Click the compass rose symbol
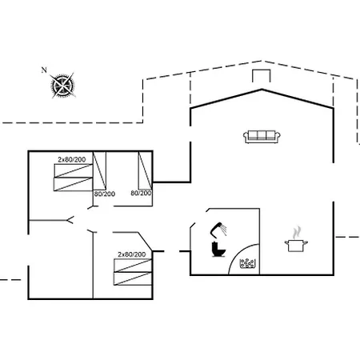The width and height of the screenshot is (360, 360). point(63,86)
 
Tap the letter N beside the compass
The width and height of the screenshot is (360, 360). point(44,70)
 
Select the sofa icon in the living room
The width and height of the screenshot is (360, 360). point(262,137)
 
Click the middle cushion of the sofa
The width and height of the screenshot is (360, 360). point(262,135)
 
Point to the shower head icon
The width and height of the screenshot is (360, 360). point(218,229)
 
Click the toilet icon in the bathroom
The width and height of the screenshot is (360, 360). point(218,249)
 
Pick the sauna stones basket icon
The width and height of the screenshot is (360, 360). point(246,263)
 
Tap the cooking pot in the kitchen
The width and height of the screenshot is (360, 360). point(296,246)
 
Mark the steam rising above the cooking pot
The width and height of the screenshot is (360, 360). point(297,233)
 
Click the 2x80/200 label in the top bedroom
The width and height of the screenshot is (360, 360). point(72,159)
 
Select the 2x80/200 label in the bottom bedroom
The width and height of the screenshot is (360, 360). point(132,254)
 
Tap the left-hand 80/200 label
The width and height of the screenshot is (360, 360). point(105,194)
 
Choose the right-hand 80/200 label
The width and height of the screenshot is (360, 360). point(141,193)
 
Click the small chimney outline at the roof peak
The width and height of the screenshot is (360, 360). point(262,76)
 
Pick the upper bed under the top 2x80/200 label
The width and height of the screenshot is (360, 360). point(74,170)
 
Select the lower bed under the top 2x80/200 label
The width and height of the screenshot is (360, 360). point(74,184)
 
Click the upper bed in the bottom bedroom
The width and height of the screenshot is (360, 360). point(133,266)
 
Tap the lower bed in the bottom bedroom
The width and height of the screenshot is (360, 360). point(133,278)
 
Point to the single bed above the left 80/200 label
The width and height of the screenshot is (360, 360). point(99,170)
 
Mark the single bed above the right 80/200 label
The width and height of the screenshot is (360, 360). point(145,170)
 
